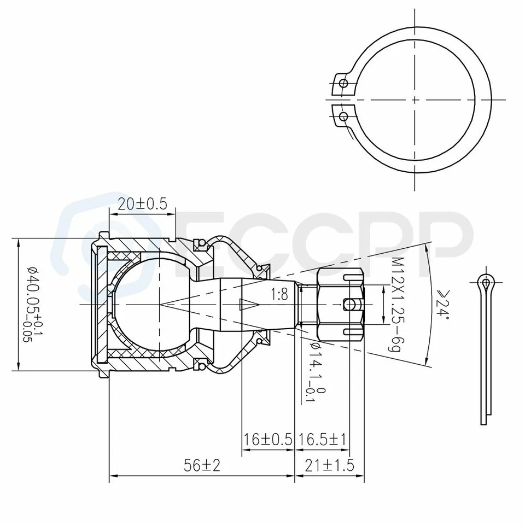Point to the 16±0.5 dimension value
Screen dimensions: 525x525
(x=267, y=440)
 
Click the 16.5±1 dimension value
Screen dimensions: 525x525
(x=322, y=440)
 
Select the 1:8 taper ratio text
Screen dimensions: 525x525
(x=279, y=295)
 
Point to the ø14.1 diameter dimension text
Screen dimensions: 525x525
(x=316, y=372)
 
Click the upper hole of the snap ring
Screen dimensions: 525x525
(x=343, y=83)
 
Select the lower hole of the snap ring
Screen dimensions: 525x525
(x=343, y=116)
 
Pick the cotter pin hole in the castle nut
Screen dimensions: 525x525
(x=348, y=304)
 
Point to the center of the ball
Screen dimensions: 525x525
(x=161, y=304)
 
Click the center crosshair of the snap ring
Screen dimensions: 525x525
(x=415, y=100)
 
